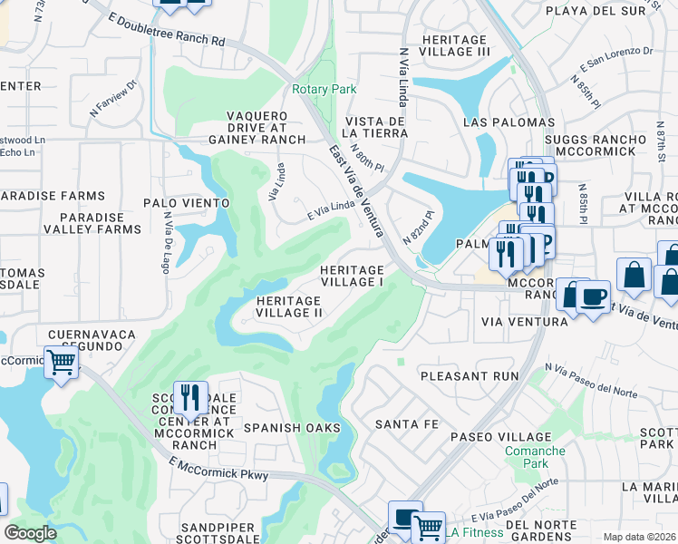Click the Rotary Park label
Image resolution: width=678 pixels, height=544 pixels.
point(324,89)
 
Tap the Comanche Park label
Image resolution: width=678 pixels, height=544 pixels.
point(534,457)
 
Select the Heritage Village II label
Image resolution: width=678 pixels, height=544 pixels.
point(289,306)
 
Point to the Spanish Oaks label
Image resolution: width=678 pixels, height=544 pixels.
point(291,427)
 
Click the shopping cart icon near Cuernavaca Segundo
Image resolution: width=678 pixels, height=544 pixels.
point(61,362)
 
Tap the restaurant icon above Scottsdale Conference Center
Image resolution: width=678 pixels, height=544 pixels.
point(190,396)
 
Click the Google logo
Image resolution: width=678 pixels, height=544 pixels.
point(30,533)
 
